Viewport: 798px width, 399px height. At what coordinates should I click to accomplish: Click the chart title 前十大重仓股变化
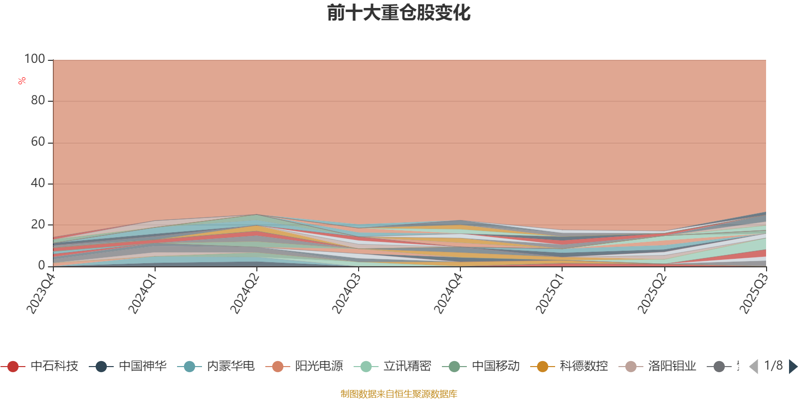(x=399, y=13)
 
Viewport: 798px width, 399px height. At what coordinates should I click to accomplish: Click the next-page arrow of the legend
(x=793, y=367)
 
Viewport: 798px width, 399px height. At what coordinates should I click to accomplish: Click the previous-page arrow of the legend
(x=754, y=367)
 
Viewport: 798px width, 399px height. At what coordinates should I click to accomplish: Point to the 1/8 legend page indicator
(x=773, y=366)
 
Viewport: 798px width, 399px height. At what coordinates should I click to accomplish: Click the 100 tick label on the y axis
(x=35, y=59)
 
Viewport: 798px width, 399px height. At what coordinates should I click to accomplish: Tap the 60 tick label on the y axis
(x=38, y=142)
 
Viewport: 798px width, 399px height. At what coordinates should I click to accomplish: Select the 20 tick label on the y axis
(x=38, y=225)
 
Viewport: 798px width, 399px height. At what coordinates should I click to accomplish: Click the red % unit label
(x=22, y=81)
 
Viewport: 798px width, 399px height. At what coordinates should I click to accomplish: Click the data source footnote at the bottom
(x=399, y=394)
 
